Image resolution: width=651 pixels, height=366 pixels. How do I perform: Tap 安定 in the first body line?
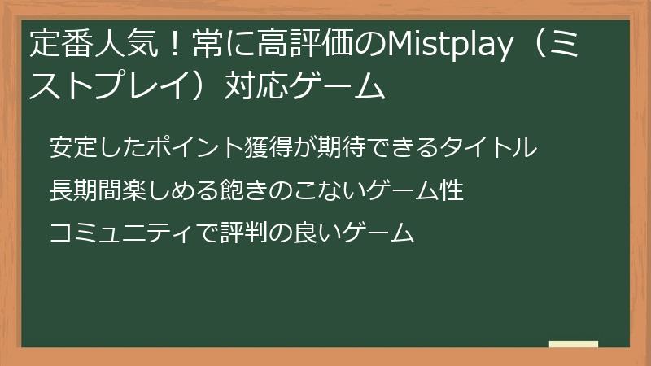[69, 147]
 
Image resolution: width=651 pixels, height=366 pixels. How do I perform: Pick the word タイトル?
[496, 147]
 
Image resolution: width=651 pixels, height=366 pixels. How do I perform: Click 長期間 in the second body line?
[80, 191]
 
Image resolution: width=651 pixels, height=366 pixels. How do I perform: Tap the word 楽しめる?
[152, 191]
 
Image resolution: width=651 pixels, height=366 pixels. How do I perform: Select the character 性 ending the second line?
[453, 191]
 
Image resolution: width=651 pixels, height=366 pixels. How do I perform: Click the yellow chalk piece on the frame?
[573, 344]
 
